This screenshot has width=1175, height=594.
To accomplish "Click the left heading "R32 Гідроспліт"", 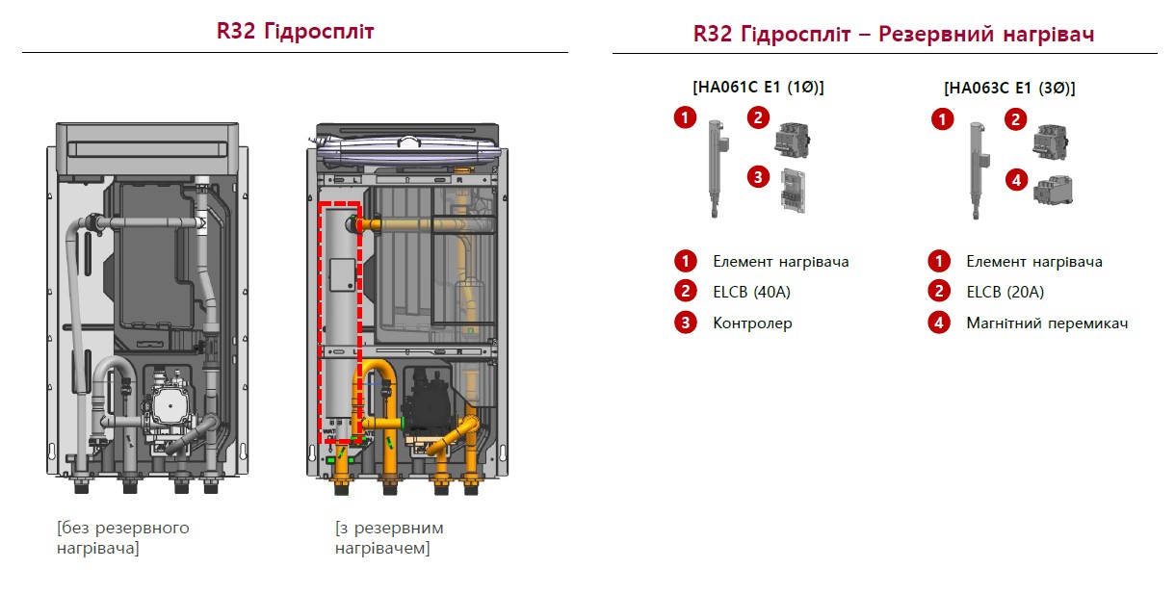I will (x=295, y=31).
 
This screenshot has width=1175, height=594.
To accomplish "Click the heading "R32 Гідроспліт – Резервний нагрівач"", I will (x=893, y=35).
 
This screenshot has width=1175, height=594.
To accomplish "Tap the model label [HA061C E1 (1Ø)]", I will (x=758, y=87).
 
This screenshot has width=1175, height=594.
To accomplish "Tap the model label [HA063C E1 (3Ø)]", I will (x=1009, y=88).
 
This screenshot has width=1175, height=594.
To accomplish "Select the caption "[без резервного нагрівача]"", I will (x=123, y=538).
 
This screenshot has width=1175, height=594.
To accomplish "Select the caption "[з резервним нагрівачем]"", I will (x=389, y=538).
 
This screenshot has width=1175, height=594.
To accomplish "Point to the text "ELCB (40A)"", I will (x=751, y=292).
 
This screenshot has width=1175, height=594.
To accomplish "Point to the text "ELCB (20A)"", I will (x=1005, y=292).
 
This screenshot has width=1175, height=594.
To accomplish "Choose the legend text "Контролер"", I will (x=752, y=323).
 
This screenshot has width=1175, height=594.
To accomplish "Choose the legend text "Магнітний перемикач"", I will (x=1046, y=323).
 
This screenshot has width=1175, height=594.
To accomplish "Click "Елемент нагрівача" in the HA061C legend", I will (x=780, y=261).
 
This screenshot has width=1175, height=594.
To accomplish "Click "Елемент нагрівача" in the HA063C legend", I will (x=1033, y=261).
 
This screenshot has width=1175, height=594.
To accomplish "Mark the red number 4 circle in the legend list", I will (x=938, y=323).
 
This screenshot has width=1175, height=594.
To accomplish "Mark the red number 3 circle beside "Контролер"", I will (x=685, y=323).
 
